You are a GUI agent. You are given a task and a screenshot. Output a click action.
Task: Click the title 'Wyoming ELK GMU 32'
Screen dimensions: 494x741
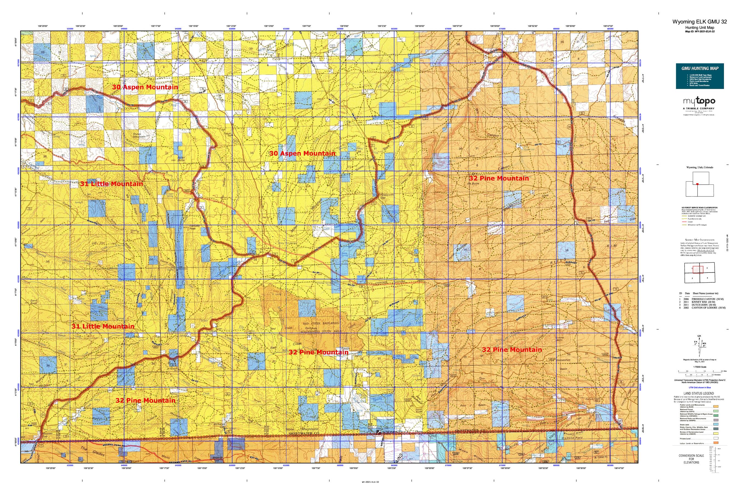click(x=699, y=22)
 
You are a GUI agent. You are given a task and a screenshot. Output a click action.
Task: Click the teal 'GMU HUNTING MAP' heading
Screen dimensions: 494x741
click(x=699, y=68)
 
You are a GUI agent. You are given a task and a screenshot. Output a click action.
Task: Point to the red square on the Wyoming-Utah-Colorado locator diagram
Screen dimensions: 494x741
click(x=698, y=184)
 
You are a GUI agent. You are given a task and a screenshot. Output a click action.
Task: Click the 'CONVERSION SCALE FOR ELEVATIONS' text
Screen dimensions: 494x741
click(x=691, y=459)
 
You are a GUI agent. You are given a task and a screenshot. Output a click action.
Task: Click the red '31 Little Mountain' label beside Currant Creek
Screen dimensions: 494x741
click(x=111, y=184)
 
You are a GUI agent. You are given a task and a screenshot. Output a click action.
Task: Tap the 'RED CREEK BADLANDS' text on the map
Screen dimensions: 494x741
click(x=321, y=323)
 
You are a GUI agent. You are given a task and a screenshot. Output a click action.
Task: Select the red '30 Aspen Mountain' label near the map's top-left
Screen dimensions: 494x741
click(x=145, y=87)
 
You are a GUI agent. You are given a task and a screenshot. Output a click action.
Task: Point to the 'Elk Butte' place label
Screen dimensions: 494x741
click(x=473, y=183)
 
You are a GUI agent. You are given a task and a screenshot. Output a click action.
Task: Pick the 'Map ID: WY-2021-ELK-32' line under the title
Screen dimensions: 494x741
click(x=699, y=32)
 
